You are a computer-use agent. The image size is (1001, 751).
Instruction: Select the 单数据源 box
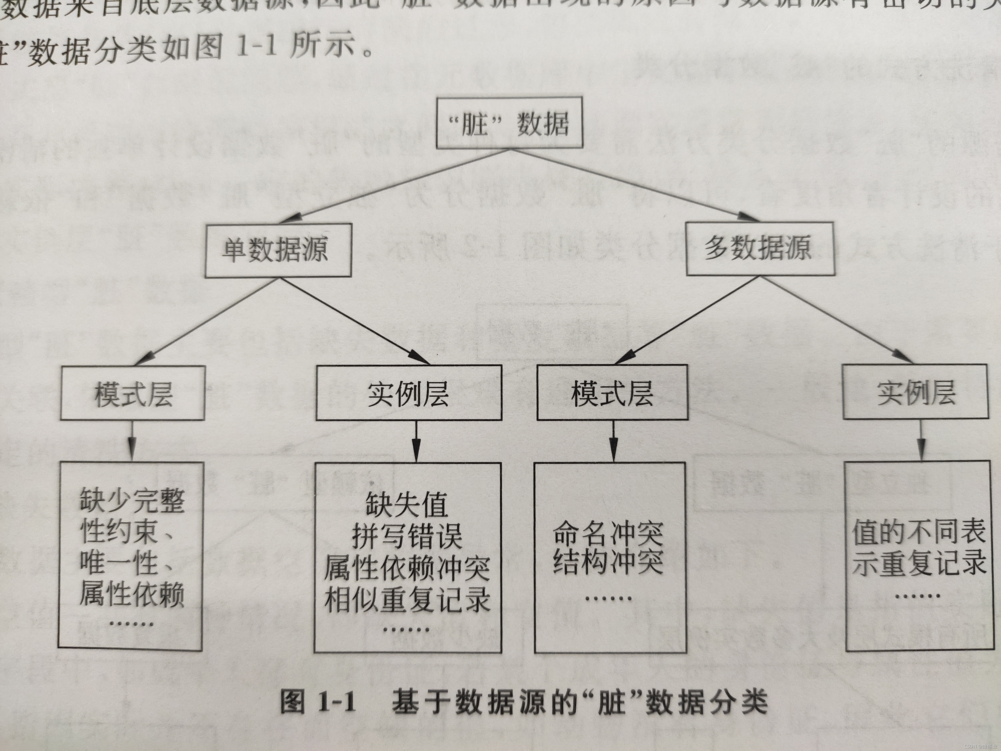pyautogui.click(x=278, y=250)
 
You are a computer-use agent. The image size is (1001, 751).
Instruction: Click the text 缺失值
pyautogui.click(x=407, y=504)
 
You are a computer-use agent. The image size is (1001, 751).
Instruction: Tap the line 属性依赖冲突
pyautogui.click(x=407, y=568)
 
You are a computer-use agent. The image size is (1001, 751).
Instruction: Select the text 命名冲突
pyautogui.click(x=608, y=534)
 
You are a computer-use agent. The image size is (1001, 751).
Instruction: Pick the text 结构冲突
pyautogui.click(x=608, y=562)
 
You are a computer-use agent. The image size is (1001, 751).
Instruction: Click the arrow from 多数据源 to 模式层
pyautogui.click(x=688, y=319)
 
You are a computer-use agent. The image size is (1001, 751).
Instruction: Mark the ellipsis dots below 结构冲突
pyautogui.click(x=608, y=599)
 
